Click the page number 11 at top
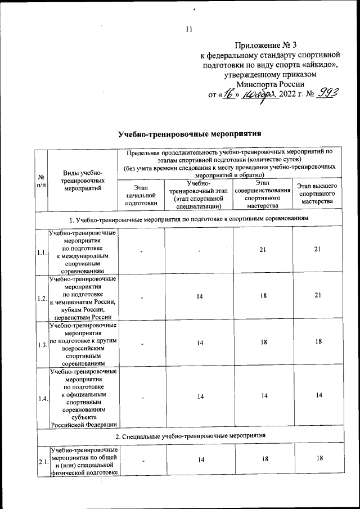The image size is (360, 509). pos(189,29)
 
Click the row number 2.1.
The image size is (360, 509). pos(41,462)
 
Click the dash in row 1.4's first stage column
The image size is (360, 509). pos(142,397)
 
